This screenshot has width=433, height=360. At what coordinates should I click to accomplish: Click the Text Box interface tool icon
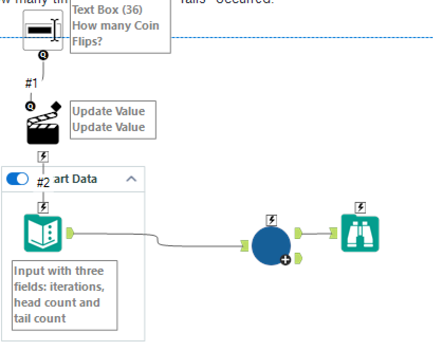tap(42, 30)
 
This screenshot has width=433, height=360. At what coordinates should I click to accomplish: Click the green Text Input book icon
tap(43, 233)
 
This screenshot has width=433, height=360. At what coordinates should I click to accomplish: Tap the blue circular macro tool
tap(271, 246)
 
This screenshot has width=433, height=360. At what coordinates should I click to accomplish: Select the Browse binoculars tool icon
tap(360, 233)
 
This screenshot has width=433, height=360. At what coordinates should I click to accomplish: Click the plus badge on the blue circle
tap(285, 260)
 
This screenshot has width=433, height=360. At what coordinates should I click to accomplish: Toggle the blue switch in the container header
tap(17, 179)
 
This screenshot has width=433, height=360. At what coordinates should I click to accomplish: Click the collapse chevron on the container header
tap(131, 179)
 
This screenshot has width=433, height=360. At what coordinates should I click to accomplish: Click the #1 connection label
tap(31, 84)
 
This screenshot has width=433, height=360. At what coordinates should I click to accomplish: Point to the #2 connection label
tap(43, 183)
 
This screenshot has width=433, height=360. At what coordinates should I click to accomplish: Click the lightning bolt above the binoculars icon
tap(360, 207)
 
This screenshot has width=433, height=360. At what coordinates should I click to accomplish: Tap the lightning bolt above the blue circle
tap(271, 220)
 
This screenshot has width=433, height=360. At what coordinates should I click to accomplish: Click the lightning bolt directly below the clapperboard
tap(43, 156)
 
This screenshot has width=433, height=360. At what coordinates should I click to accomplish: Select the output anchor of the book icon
tap(70, 233)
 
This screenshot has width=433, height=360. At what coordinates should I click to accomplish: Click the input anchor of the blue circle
tap(244, 246)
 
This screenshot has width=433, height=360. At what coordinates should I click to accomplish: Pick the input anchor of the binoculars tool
tap(333, 233)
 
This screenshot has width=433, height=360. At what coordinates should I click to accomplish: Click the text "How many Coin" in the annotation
tap(115, 25)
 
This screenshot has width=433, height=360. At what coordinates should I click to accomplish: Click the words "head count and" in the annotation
tap(57, 302)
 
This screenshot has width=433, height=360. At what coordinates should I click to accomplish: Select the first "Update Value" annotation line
tap(108, 111)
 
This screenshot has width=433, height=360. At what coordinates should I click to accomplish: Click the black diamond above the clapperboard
tap(56, 107)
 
